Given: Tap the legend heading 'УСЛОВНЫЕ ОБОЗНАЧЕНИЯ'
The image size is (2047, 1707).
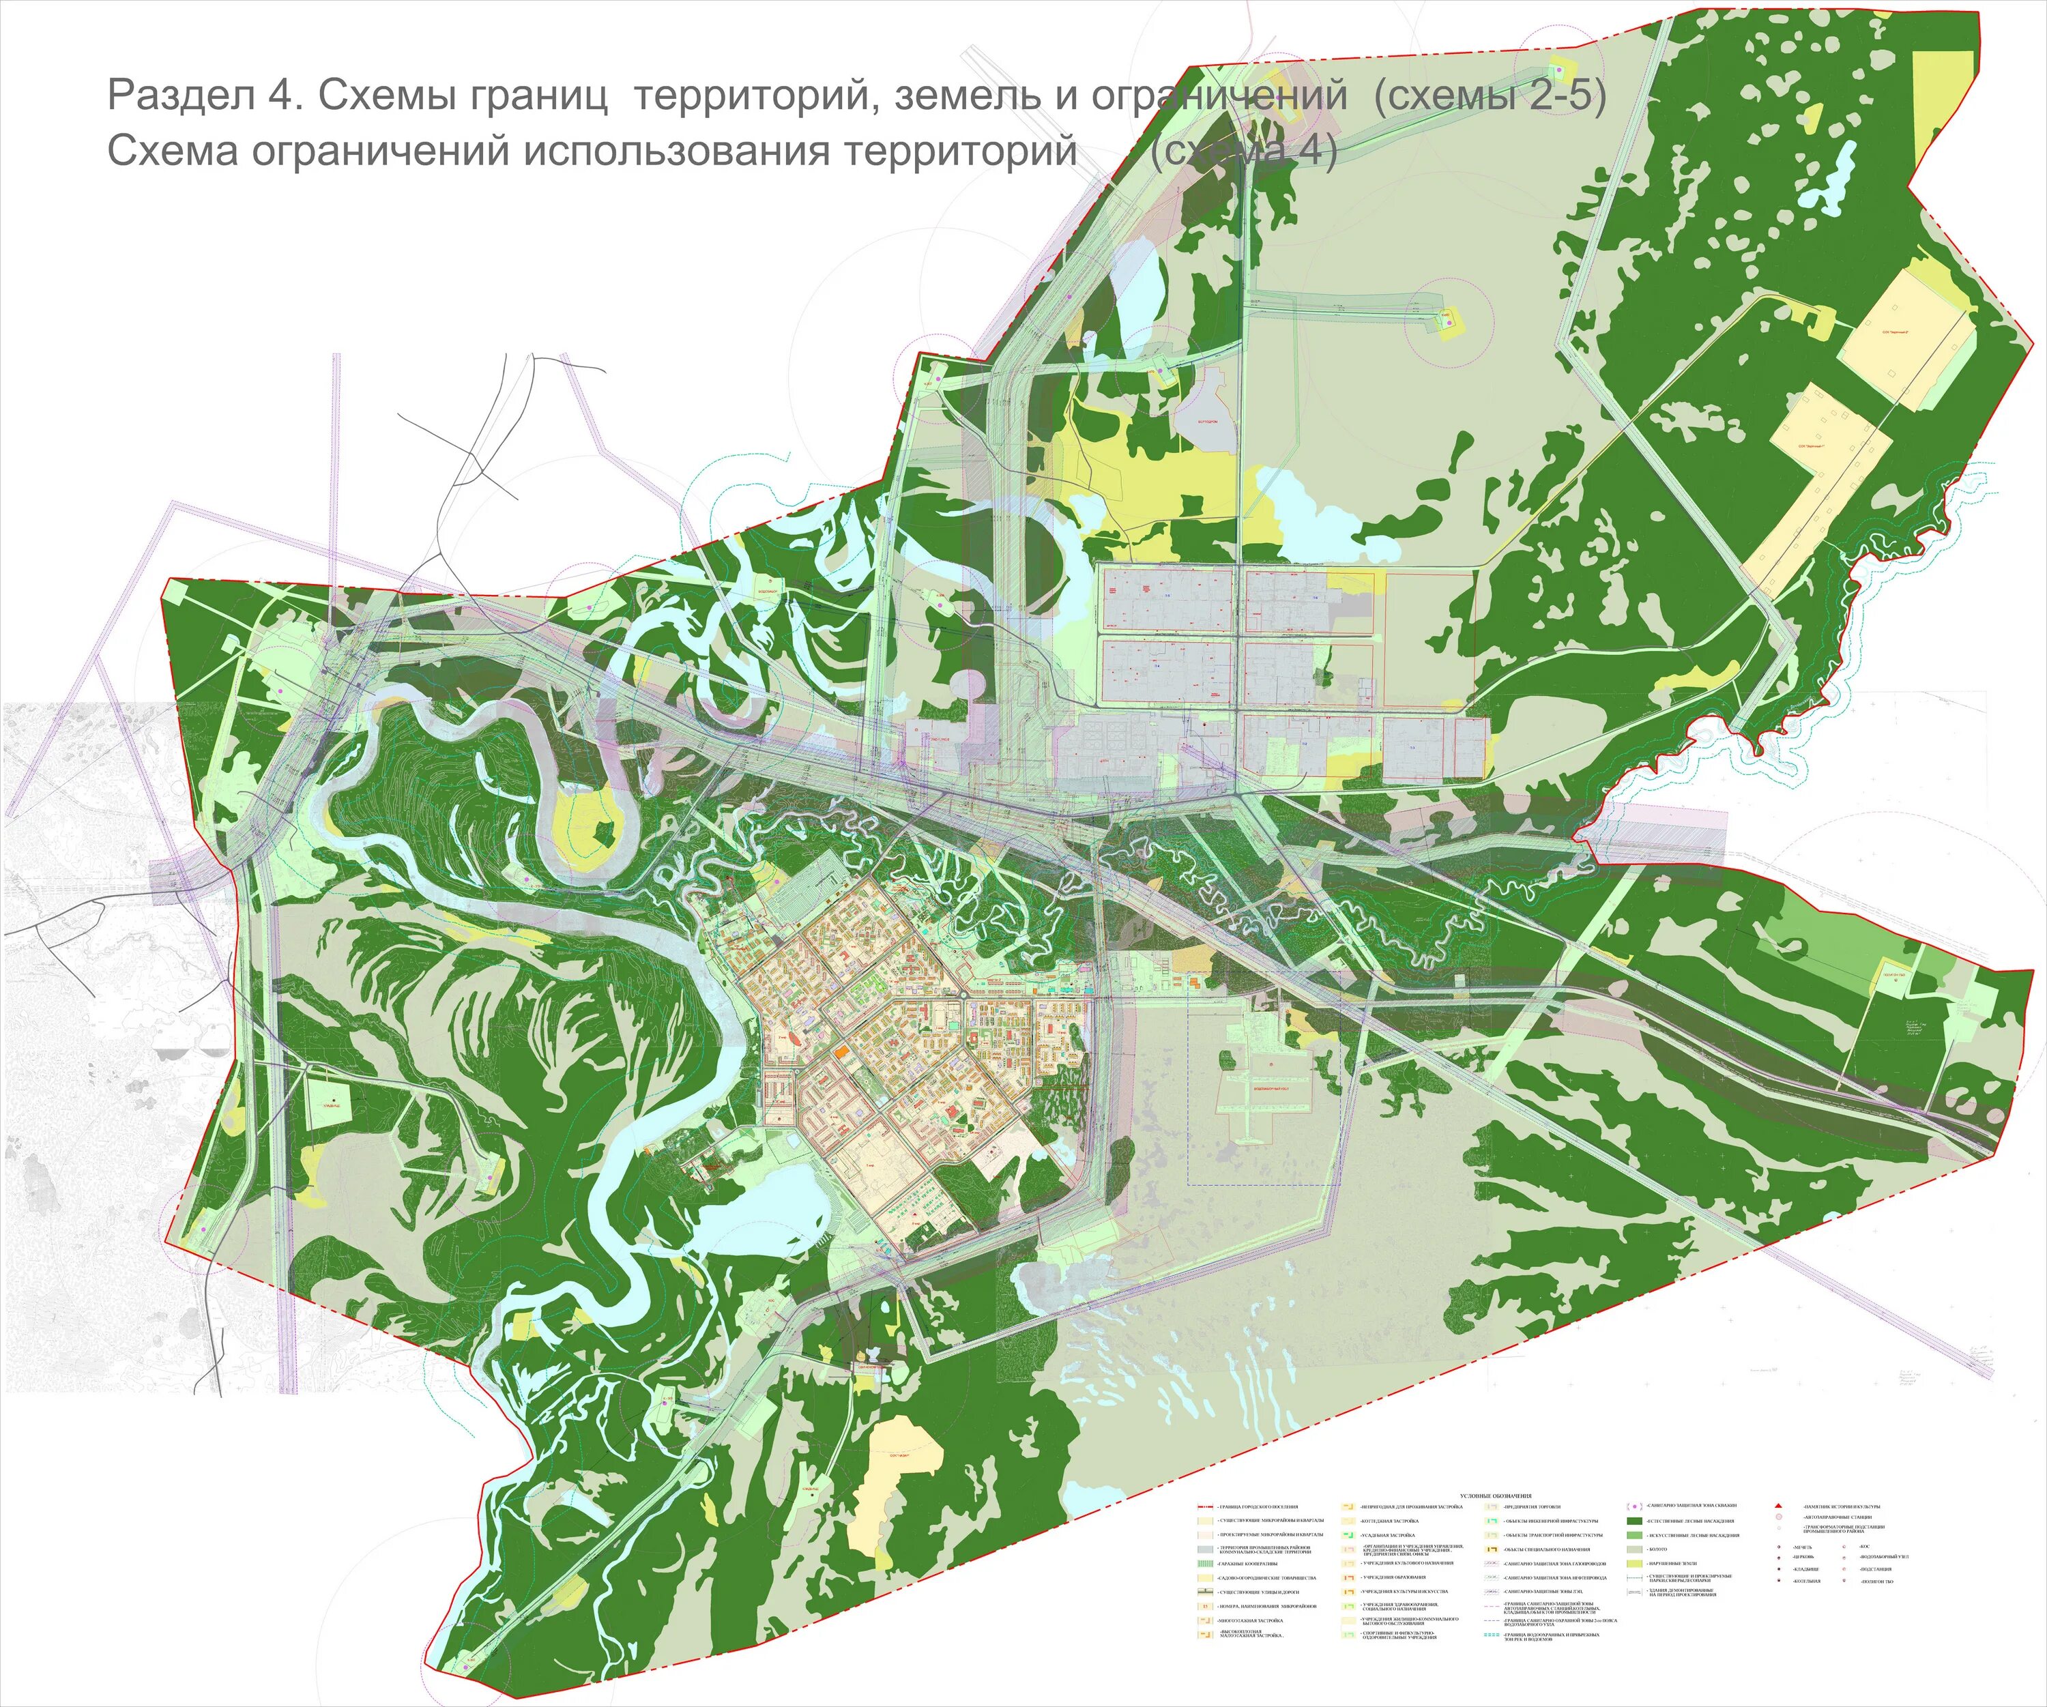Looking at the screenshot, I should tap(1496, 1496).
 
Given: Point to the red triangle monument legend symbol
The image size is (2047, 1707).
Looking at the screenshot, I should tap(1778, 1506).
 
